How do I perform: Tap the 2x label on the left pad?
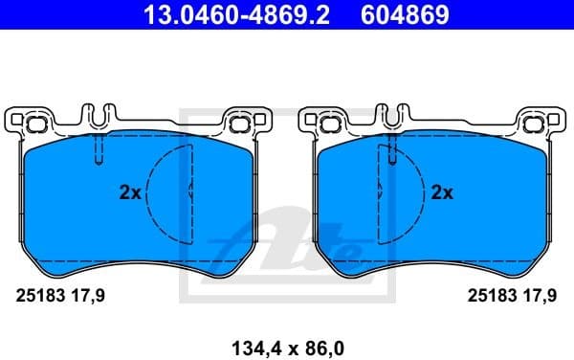click(130, 192)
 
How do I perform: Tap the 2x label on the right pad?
click(442, 192)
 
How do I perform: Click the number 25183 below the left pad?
click(36, 297)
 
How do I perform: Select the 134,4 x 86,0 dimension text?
click(286, 342)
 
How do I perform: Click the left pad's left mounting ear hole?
click(35, 123)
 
